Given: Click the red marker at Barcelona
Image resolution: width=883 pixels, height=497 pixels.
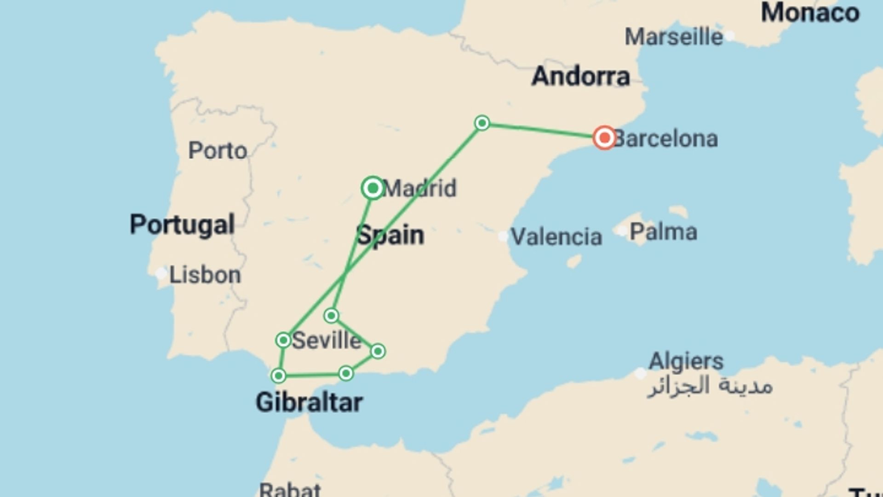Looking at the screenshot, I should tap(604, 138).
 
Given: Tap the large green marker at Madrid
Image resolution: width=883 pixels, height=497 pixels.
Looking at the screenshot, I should tap(373, 188).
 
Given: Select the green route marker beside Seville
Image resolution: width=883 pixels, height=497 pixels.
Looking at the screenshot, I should tap(283, 340).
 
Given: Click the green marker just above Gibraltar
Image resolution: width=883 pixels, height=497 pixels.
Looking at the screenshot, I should tap(278, 376).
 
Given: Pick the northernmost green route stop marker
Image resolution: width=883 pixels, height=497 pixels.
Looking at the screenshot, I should tap(482, 123).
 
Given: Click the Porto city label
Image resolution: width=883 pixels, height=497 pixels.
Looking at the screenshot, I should tap(218, 150).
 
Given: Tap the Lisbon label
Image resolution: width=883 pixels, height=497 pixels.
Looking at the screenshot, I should tap(205, 275).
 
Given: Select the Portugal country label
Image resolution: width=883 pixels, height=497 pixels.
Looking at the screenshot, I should tap(182, 225).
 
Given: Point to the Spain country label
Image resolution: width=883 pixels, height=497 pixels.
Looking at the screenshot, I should tap(390, 235).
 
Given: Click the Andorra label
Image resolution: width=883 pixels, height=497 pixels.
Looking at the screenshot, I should tap(580, 76).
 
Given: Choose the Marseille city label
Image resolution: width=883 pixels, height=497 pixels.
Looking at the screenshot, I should tap(674, 37).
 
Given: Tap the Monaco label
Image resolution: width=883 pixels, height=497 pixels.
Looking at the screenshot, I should tap(810, 12).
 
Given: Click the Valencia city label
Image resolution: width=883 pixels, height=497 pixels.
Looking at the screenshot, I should tap(556, 237).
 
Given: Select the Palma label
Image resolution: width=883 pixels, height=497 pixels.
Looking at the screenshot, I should tap(663, 231).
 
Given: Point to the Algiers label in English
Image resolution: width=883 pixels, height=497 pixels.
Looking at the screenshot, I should tap(686, 361).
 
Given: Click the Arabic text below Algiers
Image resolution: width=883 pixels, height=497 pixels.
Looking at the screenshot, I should tap(710, 386).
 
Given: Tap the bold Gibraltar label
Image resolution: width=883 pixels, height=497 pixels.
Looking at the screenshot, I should tap(309, 403).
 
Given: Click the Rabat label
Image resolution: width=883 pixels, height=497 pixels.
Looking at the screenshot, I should tap(290, 489).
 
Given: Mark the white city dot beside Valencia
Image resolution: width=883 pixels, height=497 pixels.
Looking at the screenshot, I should tap(503, 237).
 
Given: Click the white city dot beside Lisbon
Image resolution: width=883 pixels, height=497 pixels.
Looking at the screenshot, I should tap(161, 274).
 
